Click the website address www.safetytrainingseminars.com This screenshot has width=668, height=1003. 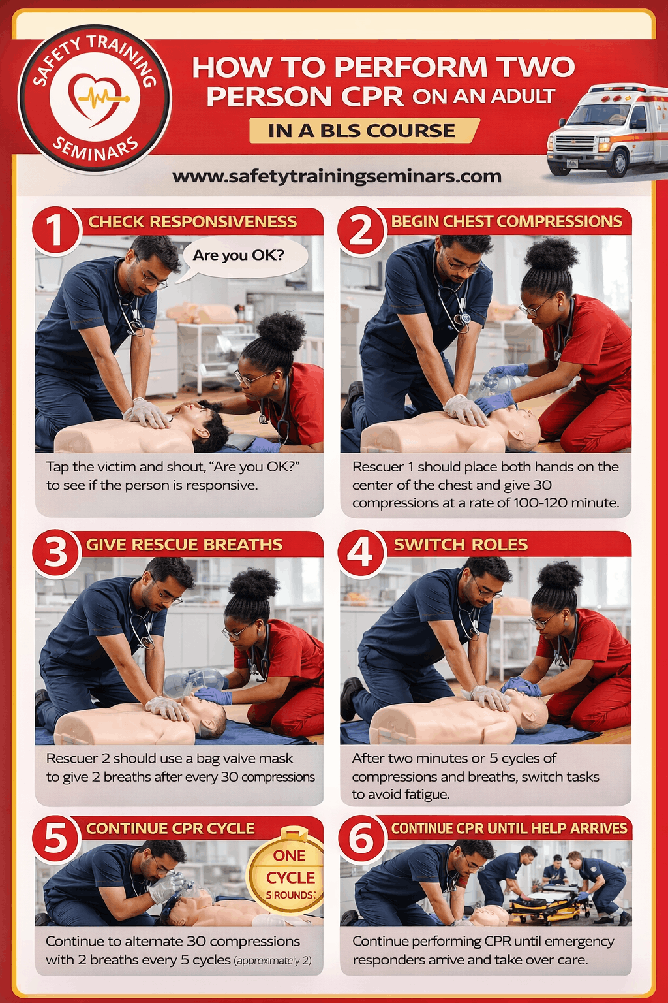click(337, 177)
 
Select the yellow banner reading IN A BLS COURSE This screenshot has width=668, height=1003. click(362, 131)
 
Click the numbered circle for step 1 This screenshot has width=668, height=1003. click(55, 229)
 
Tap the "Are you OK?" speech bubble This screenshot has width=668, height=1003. click(239, 256)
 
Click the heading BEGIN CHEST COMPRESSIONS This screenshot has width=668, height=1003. click(506, 221)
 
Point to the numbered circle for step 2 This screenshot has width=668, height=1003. click(361, 229)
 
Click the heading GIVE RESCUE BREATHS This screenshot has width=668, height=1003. click(184, 545)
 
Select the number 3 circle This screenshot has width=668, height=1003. click(55, 552)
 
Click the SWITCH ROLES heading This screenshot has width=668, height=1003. click(461, 545)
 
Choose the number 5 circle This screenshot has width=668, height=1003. click(55, 837)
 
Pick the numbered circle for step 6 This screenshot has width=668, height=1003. click(361, 837)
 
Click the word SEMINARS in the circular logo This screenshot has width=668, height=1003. click(95, 149)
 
